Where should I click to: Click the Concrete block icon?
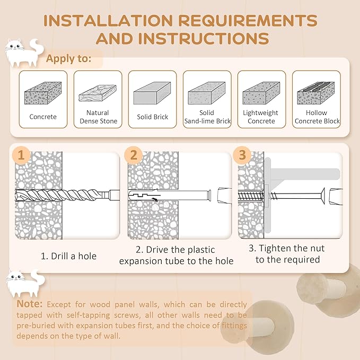tap(43, 93)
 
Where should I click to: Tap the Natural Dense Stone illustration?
tap(98, 93)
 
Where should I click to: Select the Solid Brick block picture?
tap(152, 93)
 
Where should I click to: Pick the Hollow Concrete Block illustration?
tap(316, 93)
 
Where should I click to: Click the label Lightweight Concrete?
tap(261, 117)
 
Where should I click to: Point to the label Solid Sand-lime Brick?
tap(207, 117)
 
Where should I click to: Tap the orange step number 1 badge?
tap(21, 155)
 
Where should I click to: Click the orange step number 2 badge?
tap(134, 155)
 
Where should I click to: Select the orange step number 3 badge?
tap(242, 155)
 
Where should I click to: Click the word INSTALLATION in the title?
tap(108, 21)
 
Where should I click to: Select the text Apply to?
tap(68, 58)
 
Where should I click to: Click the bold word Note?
tap(29, 304)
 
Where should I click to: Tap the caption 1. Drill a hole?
tap(68, 256)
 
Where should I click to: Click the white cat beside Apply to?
tap(24, 52)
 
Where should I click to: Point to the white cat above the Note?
tap(25, 283)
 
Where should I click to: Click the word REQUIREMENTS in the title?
tap(248, 21)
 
